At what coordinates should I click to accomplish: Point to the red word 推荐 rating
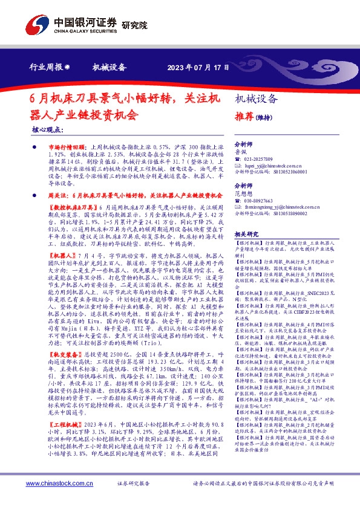[244, 116]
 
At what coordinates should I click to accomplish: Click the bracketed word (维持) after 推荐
[266, 117]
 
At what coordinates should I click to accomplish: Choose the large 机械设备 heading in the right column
[256, 99]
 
